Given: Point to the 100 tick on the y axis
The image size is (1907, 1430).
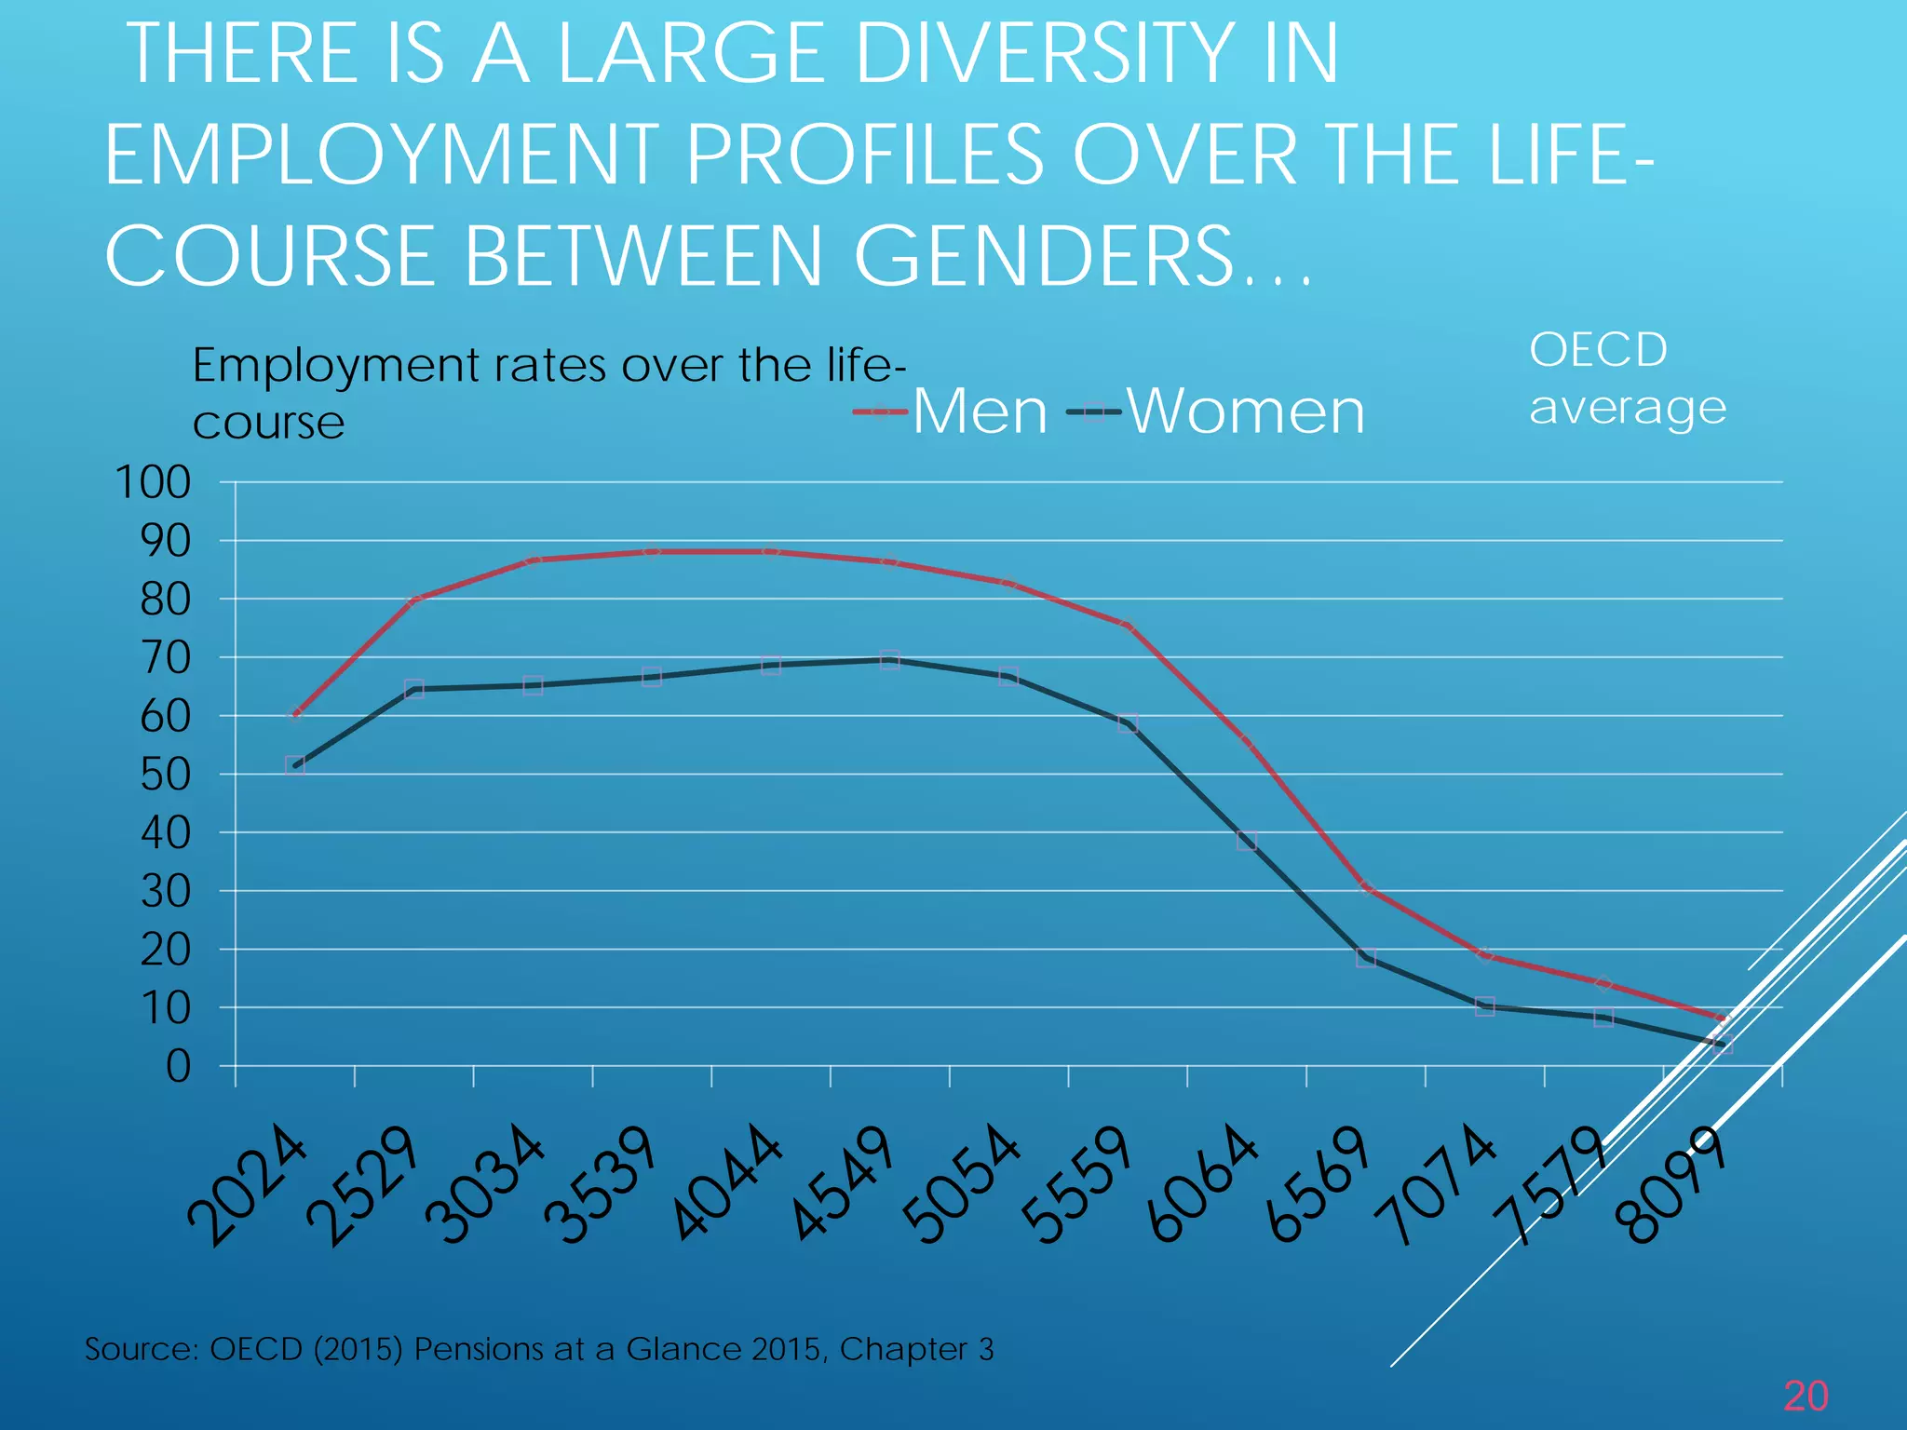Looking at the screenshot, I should tap(152, 482).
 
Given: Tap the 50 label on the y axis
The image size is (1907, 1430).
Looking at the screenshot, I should tap(165, 775).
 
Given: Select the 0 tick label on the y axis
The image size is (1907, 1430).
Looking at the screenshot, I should tap(178, 1067).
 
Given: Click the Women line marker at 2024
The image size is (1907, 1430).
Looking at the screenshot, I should tap(295, 766).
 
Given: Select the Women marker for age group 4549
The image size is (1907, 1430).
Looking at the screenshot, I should tap(890, 660).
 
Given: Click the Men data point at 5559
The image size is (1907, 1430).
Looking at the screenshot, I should tap(1128, 627).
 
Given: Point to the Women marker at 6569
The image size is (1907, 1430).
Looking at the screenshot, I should tap(1366, 958).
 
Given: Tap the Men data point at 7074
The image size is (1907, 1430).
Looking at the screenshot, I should tap(1485, 955).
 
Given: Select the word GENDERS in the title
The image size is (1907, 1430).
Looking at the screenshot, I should tap(1044, 255).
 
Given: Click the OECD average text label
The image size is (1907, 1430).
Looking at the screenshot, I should tap(1627, 379).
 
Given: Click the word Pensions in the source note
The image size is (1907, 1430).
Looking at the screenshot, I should tap(480, 1349).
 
